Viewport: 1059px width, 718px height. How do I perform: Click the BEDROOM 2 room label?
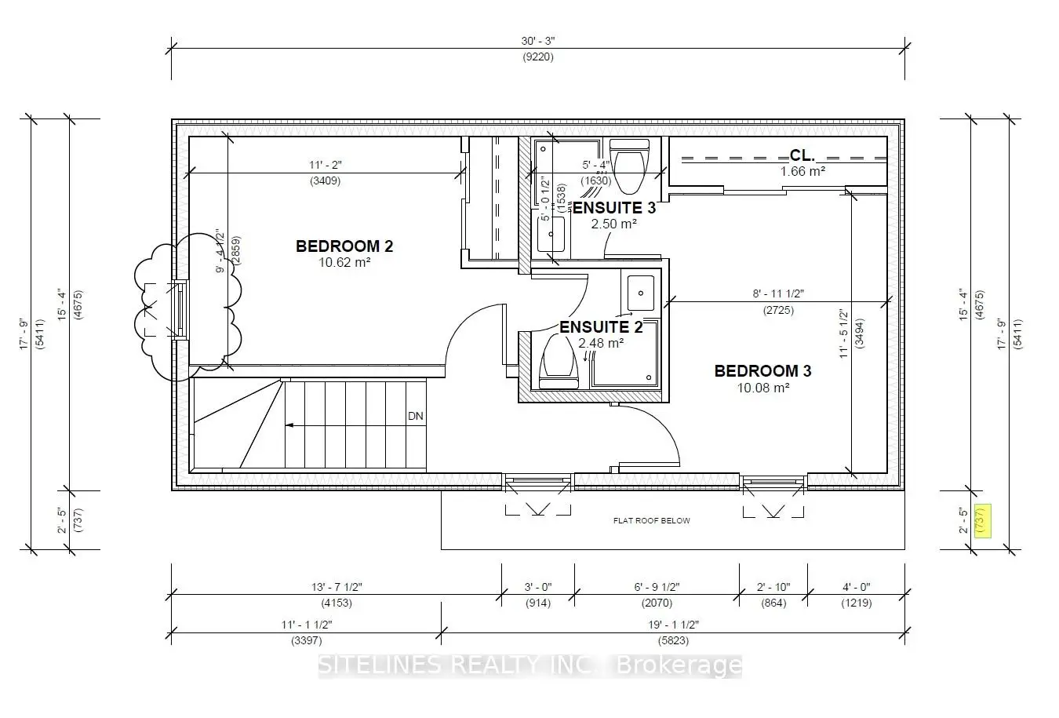coord(344,246)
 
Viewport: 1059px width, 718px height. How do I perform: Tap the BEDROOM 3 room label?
coord(762,370)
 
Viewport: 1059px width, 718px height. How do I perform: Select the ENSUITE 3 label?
coord(613,208)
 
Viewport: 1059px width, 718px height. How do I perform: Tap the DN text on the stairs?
coord(415,416)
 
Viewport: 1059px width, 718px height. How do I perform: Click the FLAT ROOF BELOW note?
coord(651,520)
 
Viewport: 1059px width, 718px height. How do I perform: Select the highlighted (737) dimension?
coord(980,519)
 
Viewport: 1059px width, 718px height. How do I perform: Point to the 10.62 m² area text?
coord(344,262)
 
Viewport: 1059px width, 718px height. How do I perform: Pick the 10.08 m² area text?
coord(762,387)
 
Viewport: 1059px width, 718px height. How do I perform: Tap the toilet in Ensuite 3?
coord(630,166)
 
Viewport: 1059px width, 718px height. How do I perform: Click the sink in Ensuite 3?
coord(551,234)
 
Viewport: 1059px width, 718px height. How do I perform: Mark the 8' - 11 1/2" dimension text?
coord(778,293)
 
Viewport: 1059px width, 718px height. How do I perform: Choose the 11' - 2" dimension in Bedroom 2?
coord(325,165)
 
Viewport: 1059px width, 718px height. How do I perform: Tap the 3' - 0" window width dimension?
coord(537,587)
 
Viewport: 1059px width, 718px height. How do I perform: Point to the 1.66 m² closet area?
coord(802,171)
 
